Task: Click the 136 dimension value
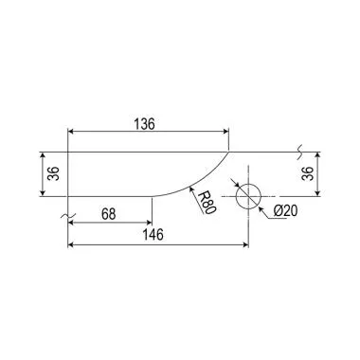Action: (x=145, y=124)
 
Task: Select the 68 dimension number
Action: (x=109, y=214)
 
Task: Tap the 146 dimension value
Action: (x=153, y=235)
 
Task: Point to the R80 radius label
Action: (x=207, y=203)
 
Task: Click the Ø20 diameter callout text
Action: (x=285, y=211)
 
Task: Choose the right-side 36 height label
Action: (x=307, y=173)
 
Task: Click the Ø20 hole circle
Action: (x=248, y=184)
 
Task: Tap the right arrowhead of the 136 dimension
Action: (x=225, y=132)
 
